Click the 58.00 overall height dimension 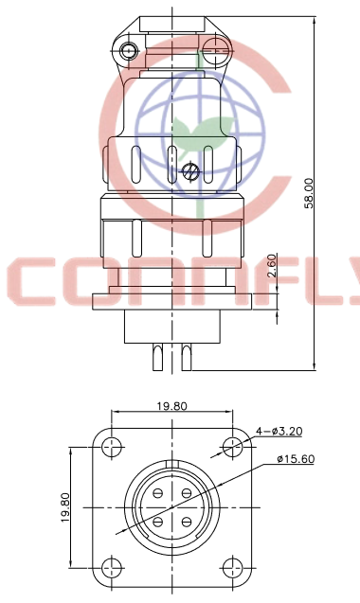[x=309, y=193]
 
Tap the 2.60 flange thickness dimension [x=272, y=265]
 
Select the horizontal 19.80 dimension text [x=171, y=406]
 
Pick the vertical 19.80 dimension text [x=65, y=507]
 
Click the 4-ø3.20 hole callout [x=279, y=432]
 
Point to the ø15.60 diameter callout [x=296, y=459]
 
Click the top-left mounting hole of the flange [x=112, y=448]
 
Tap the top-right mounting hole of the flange [x=232, y=448]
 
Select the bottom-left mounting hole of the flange [x=112, y=568]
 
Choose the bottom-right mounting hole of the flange [x=232, y=568]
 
